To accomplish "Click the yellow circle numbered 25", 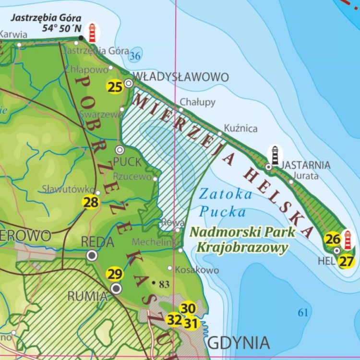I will tap(115, 86).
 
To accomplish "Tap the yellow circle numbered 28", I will tap(91, 202).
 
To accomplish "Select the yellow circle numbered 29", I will tap(115, 275).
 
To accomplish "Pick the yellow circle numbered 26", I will tap(332, 239).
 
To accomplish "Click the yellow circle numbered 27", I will tap(346, 262).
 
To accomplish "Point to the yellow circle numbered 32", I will tap(174, 319).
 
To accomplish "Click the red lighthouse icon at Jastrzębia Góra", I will tap(92, 33).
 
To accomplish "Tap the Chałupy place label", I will tap(198, 102).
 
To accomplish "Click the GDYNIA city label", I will tap(239, 343).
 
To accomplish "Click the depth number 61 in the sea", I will tap(303, 313).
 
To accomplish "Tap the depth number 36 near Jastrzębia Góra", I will tap(135, 57).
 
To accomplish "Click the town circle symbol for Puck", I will tap(120, 150).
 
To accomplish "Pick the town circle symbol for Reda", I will tap(92, 255).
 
